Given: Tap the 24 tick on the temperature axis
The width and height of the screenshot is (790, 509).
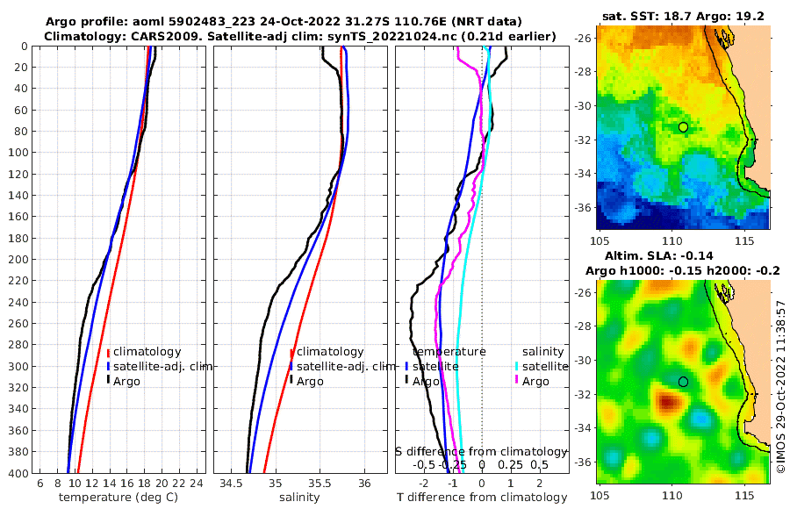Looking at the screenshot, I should coord(196,484).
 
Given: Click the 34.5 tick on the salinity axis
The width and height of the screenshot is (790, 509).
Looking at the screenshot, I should coord(231,484).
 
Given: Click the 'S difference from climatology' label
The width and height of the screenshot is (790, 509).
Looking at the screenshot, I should coord(482,451).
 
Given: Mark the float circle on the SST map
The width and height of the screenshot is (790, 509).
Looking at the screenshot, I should coord(683,127).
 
